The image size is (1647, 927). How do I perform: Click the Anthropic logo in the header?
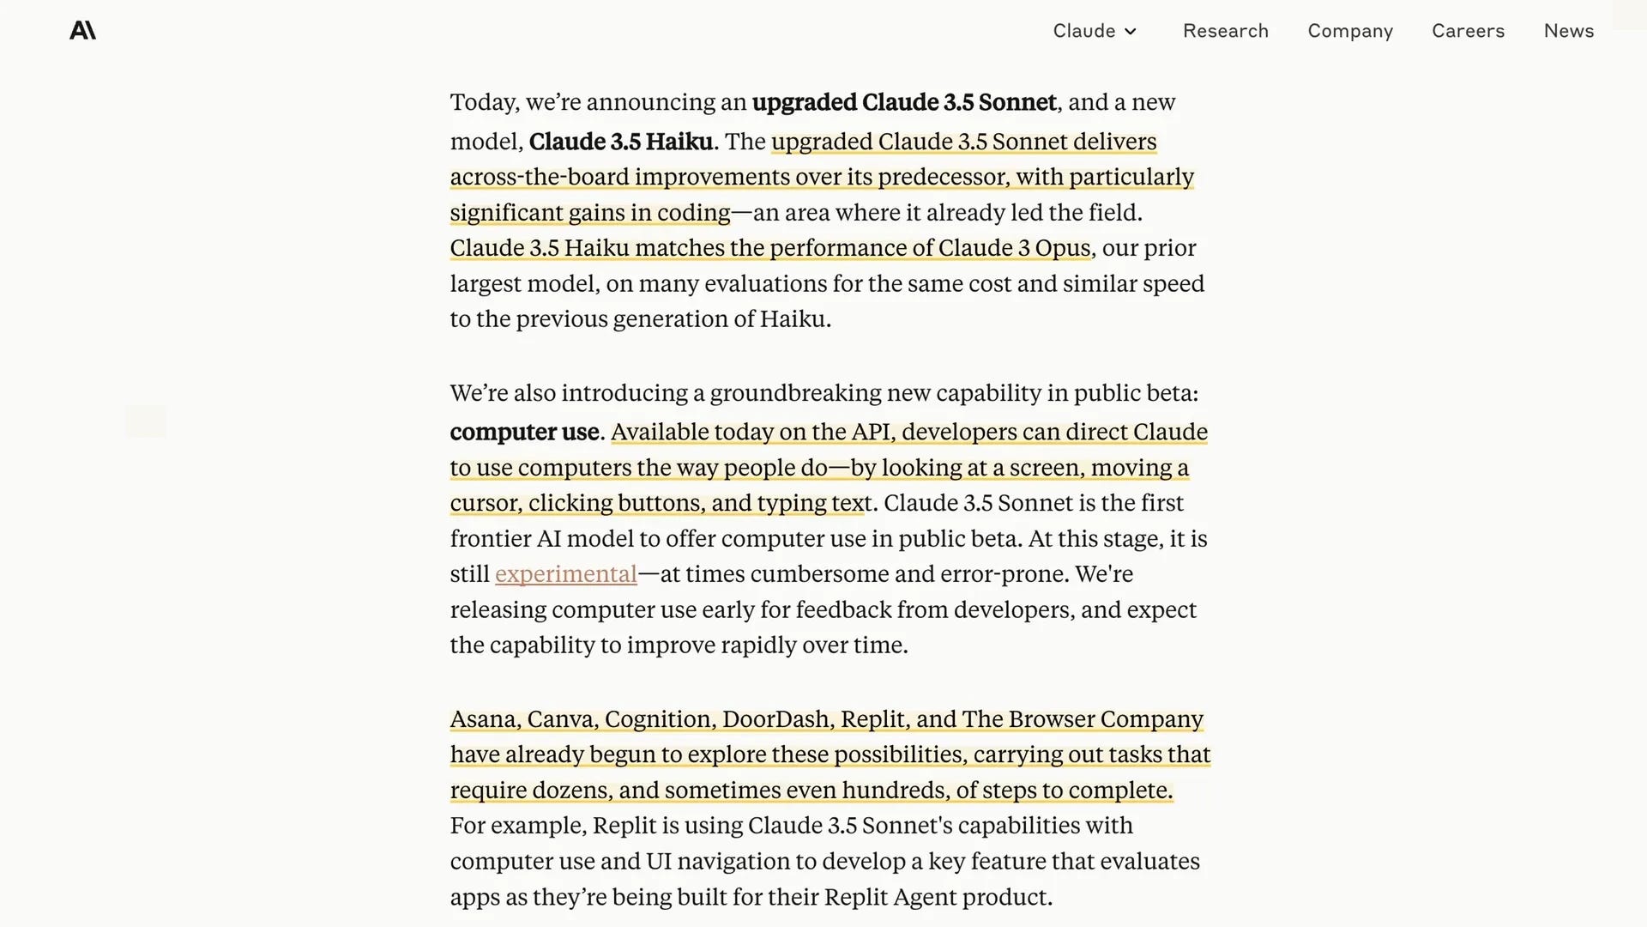click(x=82, y=31)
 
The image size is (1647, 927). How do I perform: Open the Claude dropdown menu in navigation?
click(x=1094, y=31)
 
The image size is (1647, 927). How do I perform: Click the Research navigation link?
click(x=1225, y=31)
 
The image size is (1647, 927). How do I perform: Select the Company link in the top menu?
click(x=1349, y=31)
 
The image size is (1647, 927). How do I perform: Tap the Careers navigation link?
click(x=1468, y=31)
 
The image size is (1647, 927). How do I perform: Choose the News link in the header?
click(x=1568, y=31)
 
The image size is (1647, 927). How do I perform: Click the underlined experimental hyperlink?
click(x=565, y=574)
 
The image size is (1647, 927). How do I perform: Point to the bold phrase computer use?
click(x=524, y=432)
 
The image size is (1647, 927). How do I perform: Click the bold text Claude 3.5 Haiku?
click(x=620, y=142)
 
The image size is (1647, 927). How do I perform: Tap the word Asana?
click(x=484, y=719)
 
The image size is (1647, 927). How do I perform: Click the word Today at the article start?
click(x=484, y=102)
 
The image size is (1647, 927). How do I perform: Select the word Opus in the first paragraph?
click(x=1062, y=248)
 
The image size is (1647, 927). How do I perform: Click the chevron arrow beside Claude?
click(x=1131, y=32)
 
